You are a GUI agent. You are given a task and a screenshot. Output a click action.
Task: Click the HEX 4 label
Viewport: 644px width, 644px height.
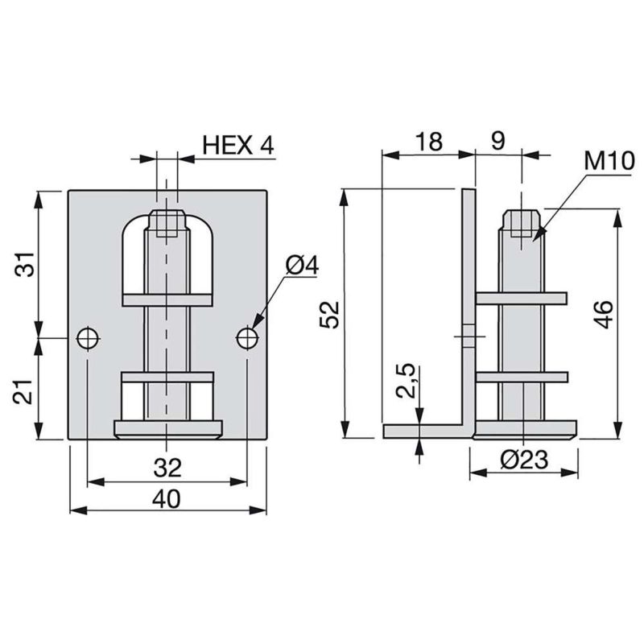[x=238, y=146]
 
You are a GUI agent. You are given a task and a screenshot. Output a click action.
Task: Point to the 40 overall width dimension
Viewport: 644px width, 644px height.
[x=167, y=498]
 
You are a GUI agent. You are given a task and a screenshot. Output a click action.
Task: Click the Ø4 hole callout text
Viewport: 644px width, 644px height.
[x=303, y=266]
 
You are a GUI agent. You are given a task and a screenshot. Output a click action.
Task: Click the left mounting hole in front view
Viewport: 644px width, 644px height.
[x=88, y=338]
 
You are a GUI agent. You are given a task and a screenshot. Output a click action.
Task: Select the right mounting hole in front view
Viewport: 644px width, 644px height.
[x=248, y=338]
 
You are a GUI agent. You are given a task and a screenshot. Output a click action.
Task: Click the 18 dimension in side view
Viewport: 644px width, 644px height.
[x=428, y=142]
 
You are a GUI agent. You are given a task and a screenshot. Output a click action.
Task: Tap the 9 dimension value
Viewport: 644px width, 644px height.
[x=497, y=142]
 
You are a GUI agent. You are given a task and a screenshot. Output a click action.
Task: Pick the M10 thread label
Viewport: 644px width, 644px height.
[x=609, y=160]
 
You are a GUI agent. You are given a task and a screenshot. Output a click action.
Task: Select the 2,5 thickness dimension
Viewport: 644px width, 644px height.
[x=407, y=381]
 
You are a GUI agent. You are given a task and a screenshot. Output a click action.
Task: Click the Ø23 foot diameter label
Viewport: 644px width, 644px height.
[x=523, y=460]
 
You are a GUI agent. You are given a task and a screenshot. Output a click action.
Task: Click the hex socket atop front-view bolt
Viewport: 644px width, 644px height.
[x=167, y=223]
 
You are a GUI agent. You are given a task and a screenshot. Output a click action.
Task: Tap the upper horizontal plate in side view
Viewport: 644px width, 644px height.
[x=522, y=298]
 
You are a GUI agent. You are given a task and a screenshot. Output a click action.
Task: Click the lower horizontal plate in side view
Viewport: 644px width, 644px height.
[x=522, y=375]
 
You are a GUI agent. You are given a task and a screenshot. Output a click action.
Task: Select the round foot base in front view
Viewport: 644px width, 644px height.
[x=167, y=427]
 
